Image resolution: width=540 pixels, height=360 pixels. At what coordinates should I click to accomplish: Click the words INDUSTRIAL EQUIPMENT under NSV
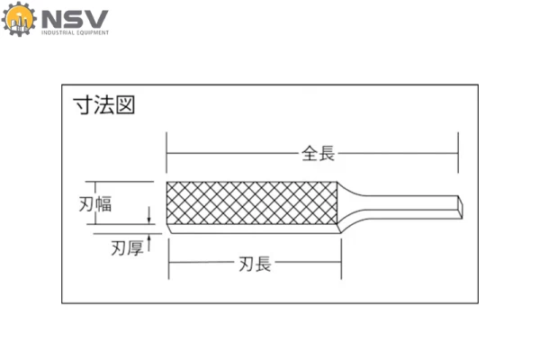(x=76, y=33)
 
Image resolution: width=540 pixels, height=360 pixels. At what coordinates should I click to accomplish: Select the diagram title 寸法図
(x=103, y=105)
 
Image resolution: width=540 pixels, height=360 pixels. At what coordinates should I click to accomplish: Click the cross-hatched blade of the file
(x=252, y=204)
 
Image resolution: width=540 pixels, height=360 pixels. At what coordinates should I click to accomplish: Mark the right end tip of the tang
(x=463, y=206)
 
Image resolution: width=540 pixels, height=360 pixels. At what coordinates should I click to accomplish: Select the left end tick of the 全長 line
(x=167, y=154)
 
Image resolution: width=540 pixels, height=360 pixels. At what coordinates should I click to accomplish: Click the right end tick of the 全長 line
(x=458, y=154)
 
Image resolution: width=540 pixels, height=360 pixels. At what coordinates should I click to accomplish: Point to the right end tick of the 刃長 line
(x=342, y=264)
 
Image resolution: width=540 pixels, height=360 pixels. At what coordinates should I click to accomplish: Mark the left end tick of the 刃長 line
(x=168, y=264)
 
